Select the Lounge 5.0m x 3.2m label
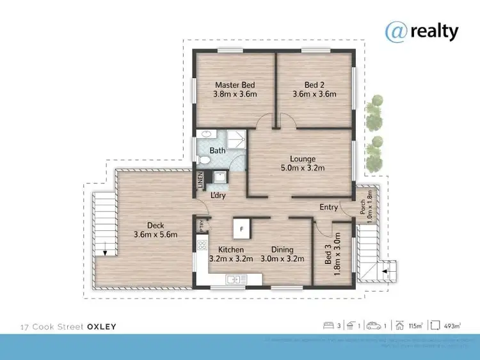click(x=301, y=164)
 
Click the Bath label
click(x=218, y=151)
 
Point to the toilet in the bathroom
click(x=203, y=159)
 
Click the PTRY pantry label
click(x=202, y=224)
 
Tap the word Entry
click(x=329, y=207)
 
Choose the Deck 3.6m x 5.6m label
click(x=156, y=230)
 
